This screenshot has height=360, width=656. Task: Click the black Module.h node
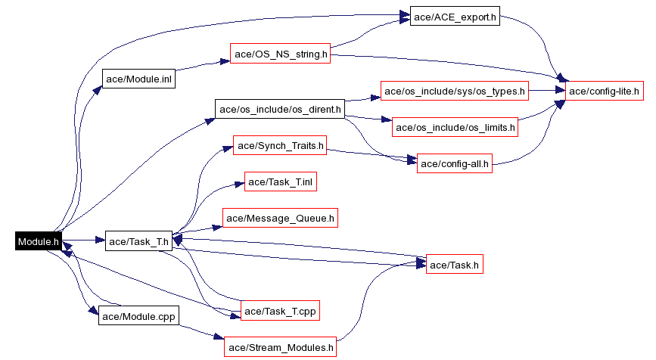coord(38,241)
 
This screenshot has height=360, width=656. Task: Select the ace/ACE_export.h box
coord(454,17)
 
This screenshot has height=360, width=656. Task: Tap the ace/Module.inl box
coord(138,79)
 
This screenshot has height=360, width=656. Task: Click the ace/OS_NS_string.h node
coord(281,54)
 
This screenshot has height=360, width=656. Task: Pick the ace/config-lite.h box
coord(605,92)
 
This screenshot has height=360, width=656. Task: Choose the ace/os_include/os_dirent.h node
coord(279,109)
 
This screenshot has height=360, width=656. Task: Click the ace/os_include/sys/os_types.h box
coord(454,92)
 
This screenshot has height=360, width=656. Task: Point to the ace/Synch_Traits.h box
coord(280,145)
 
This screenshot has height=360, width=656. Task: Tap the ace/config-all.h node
coord(455,163)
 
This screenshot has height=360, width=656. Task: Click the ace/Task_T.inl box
coord(280,182)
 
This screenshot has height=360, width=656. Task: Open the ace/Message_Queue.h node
coord(280,219)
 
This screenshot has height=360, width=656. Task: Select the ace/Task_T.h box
coord(138,241)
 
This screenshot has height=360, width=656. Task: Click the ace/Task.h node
coord(454,265)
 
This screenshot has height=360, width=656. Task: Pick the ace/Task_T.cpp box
coord(280,310)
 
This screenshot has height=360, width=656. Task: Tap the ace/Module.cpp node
coord(138,315)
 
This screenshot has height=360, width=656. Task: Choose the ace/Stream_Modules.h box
coord(280,348)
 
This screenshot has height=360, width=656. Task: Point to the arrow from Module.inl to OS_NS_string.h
coord(203,66)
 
